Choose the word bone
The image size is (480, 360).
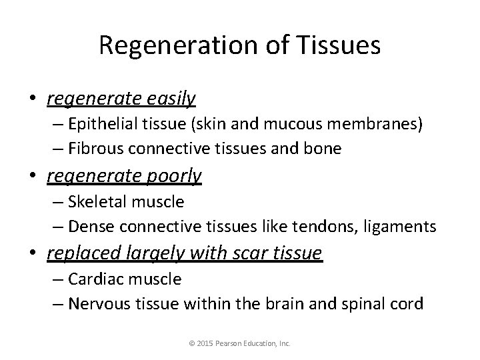coord(324,149)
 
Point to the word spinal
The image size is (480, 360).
coord(357,303)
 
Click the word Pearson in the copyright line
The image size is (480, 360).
coord(231,344)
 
